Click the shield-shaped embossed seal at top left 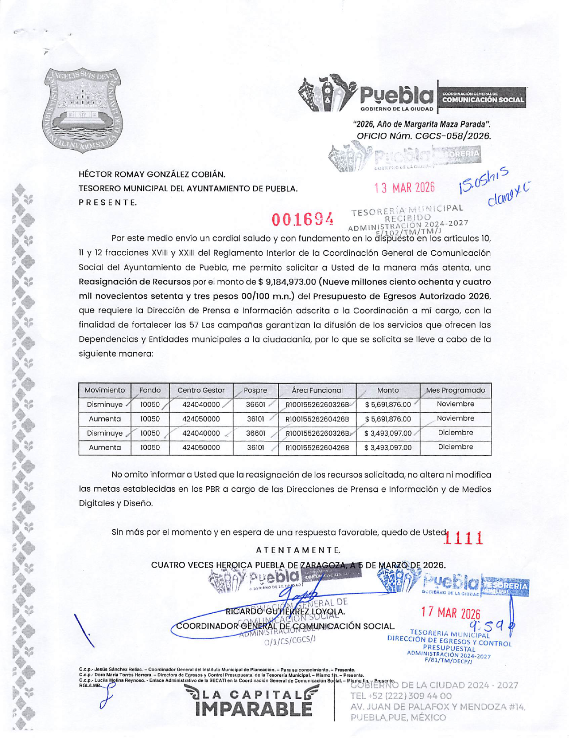pos(83,110)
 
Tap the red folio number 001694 pos(303,219)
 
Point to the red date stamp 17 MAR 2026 pos(450,613)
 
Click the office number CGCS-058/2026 pos(453,136)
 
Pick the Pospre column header pos(255,390)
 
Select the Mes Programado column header pos(455,390)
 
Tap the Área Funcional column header pos(317,390)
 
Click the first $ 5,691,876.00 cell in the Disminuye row pos(388,405)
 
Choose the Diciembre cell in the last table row pos(455,447)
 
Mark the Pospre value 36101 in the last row pos(255,447)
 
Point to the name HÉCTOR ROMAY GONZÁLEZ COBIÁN pos(152,174)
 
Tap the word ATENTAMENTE pos(298,550)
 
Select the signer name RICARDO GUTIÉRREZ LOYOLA pos(285,611)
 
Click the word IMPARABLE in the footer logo pos(253,709)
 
